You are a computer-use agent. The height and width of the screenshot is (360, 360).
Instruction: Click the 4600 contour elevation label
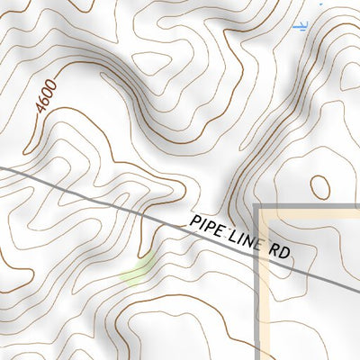pyautogui.click(x=47, y=97)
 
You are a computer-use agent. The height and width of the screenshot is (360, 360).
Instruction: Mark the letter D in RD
pyautogui.click(x=285, y=255)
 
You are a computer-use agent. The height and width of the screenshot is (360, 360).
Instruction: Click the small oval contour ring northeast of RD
pyautogui.click(x=319, y=186)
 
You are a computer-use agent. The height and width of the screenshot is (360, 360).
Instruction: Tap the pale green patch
pyautogui.click(x=136, y=272)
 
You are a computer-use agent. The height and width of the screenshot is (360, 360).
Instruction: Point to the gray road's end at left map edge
pyautogui.click(x=2, y=166)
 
